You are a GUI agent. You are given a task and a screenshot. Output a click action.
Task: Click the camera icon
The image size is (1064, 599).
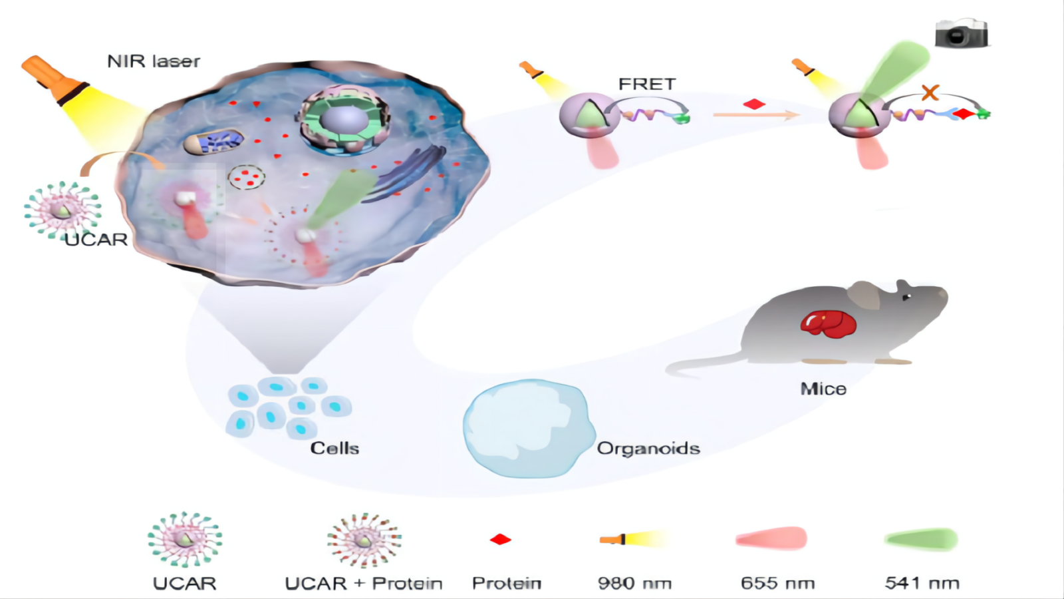(x=961, y=33)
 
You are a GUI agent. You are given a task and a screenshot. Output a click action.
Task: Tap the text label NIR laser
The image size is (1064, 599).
(x=154, y=61)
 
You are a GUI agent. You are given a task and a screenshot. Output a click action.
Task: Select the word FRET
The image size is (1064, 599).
(x=646, y=84)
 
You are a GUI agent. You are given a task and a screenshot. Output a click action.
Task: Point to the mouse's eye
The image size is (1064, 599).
(x=906, y=297)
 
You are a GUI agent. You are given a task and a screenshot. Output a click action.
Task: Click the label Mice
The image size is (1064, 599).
(x=823, y=389)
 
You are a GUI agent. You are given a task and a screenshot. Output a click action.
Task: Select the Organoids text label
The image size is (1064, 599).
(x=648, y=448)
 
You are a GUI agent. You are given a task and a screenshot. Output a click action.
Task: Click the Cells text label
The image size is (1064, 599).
(x=334, y=448)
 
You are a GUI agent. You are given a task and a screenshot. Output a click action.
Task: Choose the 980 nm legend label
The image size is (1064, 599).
(x=634, y=583)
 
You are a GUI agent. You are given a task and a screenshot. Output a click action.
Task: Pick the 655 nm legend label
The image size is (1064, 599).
(x=777, y=583)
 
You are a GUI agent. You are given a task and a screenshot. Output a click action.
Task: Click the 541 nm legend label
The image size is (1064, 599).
(x=922, y=583)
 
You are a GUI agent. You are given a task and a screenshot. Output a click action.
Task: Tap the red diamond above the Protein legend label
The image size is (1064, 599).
(x=500, y=539)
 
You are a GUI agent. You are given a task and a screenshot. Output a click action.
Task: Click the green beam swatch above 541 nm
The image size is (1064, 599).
(x=921, y=539)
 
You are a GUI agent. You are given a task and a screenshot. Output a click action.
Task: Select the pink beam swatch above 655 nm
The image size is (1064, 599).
(x=771, y=538)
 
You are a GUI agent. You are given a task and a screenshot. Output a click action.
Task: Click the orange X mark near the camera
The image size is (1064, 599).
(x=930, y=92)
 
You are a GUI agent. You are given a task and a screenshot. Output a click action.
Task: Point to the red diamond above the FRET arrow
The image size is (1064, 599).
(x=754, y=104)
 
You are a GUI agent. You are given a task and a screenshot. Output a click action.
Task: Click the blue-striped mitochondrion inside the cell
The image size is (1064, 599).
(x=214, y=142)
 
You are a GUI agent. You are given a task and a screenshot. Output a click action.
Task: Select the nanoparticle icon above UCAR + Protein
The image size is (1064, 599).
(x=364, y=540)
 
